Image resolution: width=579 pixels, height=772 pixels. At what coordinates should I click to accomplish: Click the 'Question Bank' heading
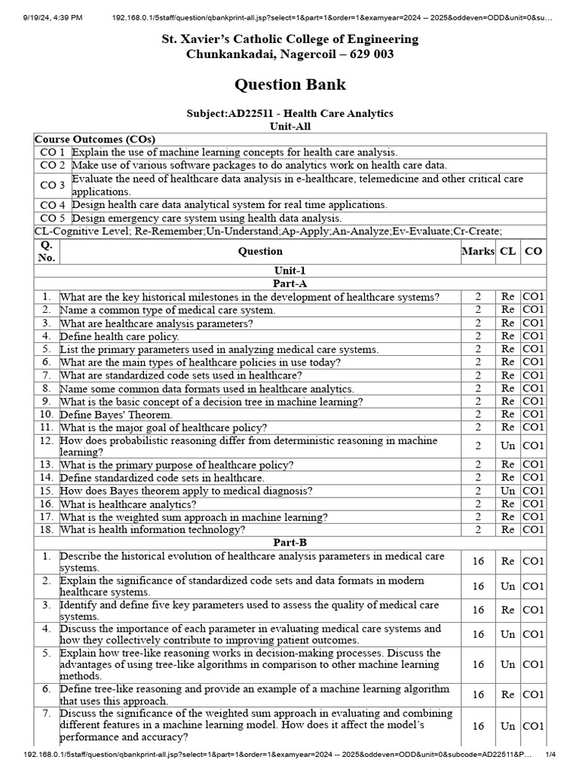click(x=290, y=84)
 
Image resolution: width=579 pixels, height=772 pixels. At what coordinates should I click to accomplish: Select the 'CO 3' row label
click(x=53, y=185)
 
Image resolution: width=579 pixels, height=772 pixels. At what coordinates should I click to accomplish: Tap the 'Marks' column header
click(x=478, y=251)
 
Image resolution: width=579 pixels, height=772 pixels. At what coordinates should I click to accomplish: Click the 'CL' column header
click(x=508, y=251)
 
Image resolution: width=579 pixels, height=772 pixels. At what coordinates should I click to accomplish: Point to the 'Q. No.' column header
click(x=47, y=251)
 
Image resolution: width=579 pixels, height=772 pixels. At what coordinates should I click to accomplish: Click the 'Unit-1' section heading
click(x=290, y=271)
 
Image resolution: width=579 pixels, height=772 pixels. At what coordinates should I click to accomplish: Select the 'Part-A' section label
click(x=290, y=283)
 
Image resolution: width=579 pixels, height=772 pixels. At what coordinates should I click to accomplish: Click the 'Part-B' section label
click(x=290, y=542)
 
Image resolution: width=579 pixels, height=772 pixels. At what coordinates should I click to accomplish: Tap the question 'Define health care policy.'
click(x=119, y=336)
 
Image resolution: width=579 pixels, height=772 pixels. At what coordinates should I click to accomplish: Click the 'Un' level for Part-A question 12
click(x=508, y=446)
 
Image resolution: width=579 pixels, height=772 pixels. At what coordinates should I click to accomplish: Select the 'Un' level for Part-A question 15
click(x=508, y=491)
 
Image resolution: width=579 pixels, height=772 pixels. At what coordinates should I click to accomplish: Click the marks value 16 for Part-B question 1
click(x=478, y=562)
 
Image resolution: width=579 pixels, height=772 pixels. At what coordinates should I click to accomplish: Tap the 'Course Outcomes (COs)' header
click(x=81, y=139)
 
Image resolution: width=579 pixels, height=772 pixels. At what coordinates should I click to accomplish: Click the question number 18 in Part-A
click(x=47, y=529)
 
